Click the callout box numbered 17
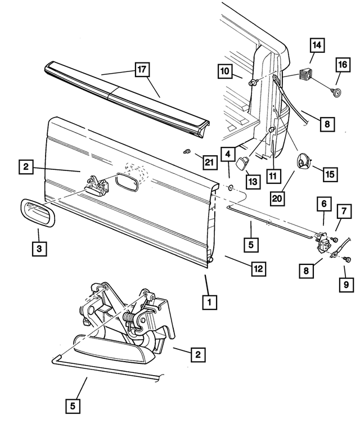141,70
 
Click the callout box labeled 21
209,163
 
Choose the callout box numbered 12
258,269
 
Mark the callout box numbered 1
209,303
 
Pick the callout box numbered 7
343,211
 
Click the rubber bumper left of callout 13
241,163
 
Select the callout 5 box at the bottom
74,405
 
